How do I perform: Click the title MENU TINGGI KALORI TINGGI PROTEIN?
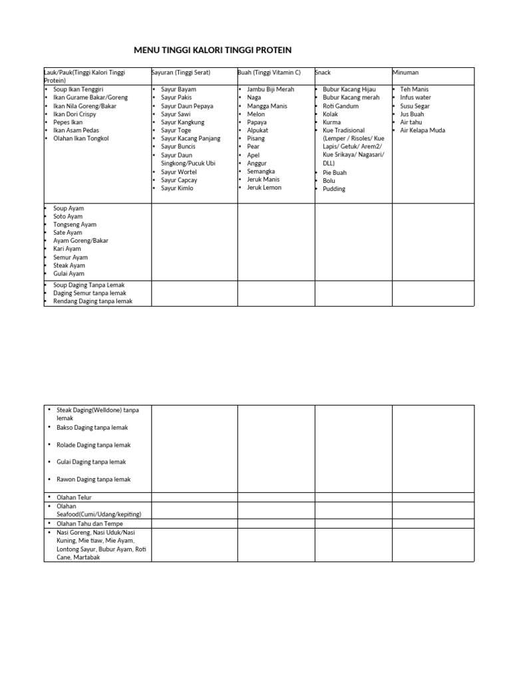tap(212, 51)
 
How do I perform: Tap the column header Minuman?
tap(406, 72)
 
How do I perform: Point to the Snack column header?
tap(323, 72)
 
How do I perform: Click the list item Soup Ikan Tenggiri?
tap(79, 89)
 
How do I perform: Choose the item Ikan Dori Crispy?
tap(76, 114)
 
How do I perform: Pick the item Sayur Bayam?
tap(178, 89)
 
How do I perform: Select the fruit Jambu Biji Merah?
tap(270, 89)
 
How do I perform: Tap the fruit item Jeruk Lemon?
tap(264, 188)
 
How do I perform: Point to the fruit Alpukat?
tap(257, 130)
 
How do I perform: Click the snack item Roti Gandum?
tap(341, 106)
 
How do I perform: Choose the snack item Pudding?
tap(334, 189)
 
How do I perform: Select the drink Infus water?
tap(416, 97)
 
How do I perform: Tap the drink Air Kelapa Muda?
tap(423, 130)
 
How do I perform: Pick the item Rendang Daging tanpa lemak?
tap(93, 301)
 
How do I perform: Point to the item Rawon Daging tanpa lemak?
tap(94, 479)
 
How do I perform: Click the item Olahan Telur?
tap(75, 497)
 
